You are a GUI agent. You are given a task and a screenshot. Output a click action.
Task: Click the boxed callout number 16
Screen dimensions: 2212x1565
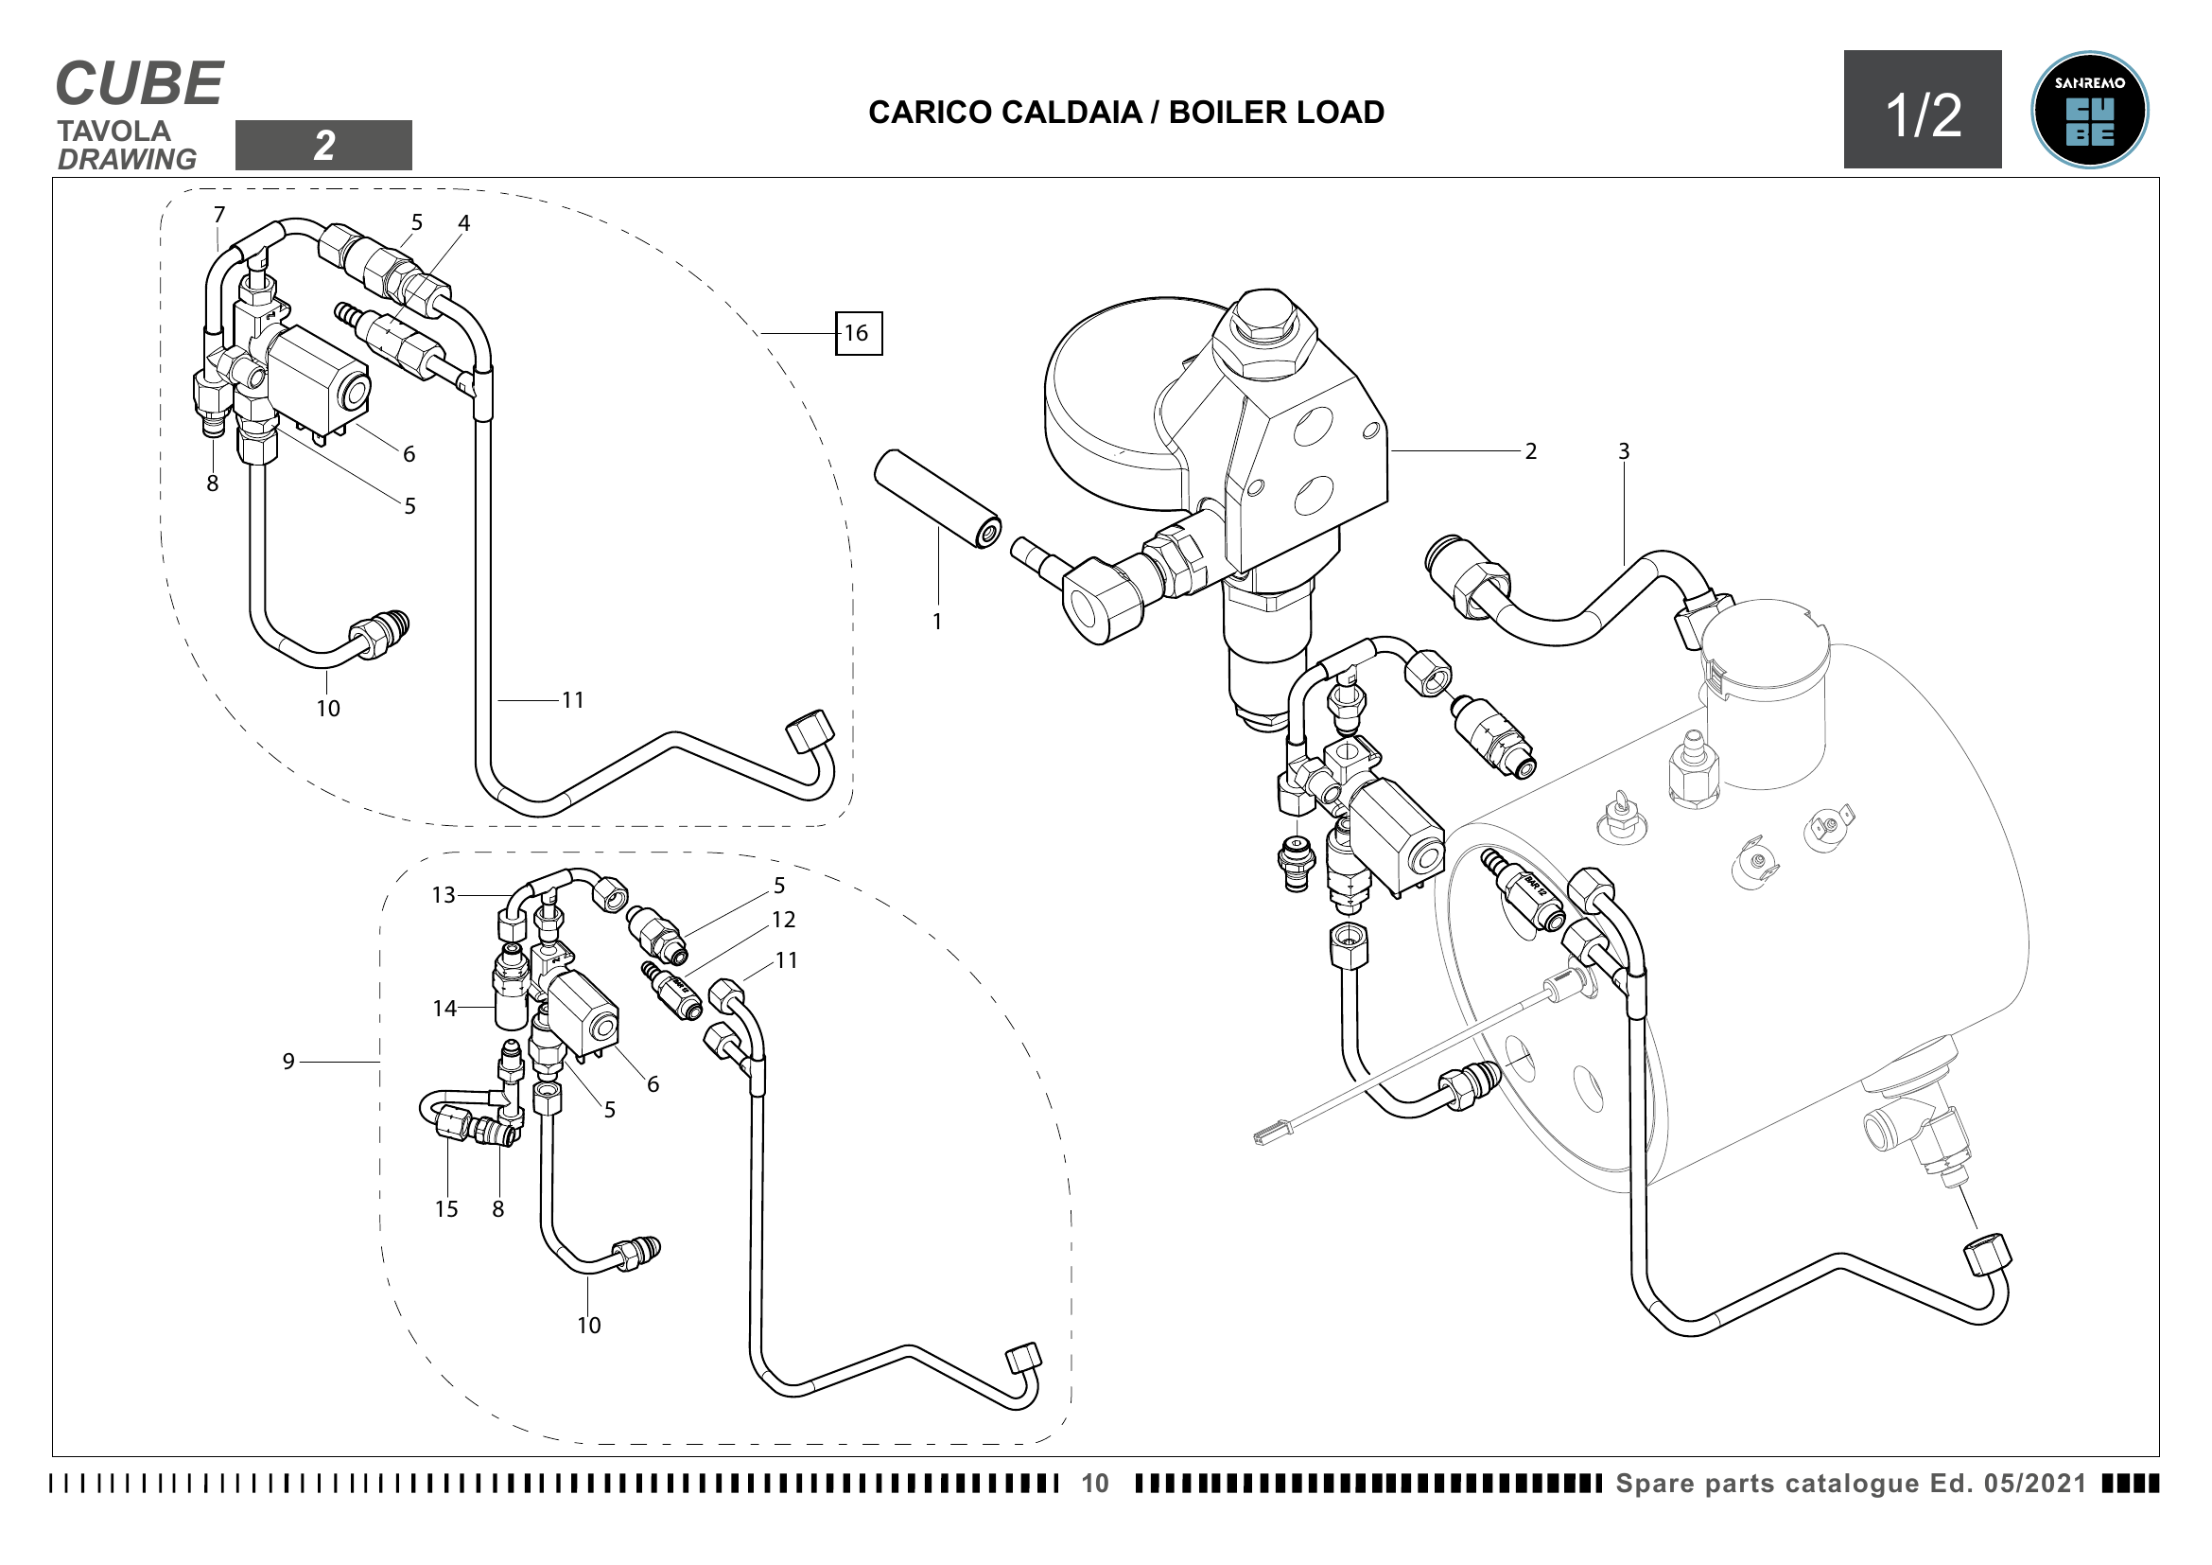click(858, 333)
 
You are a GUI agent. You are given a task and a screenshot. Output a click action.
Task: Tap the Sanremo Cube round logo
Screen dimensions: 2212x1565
click(2090, 110)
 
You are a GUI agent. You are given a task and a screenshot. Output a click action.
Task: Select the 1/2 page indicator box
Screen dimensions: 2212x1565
click(1923, 110)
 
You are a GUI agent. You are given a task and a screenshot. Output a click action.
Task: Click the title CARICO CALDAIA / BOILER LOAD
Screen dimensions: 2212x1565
click(1126, 113)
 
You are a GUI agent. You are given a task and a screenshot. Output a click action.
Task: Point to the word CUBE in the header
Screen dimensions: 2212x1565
click(140, 84)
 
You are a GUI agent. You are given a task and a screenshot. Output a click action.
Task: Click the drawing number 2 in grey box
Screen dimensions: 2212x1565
click(323, 146)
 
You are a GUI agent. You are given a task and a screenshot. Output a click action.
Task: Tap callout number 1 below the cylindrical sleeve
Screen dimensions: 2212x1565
click(936, 622)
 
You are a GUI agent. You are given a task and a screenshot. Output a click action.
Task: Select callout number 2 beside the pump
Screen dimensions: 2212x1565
click(1531, 451)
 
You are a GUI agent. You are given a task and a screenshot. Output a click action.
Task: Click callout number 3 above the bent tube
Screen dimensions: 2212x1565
click(1624, 451)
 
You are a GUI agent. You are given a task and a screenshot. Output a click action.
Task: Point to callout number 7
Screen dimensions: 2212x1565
click(218, 214)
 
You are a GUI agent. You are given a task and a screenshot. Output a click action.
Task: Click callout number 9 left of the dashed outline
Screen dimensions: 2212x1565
click(288, 1061)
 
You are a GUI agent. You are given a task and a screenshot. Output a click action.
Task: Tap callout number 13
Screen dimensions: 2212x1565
click(444, 895)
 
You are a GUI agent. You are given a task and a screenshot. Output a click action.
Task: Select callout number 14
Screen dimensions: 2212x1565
click(444, 1009)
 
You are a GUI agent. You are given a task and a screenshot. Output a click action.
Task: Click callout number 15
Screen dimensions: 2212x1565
click(446, 1209)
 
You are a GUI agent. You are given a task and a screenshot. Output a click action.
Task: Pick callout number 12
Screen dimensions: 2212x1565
click(783, 921)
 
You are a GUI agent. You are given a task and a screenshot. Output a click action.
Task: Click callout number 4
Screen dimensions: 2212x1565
click(463, 223)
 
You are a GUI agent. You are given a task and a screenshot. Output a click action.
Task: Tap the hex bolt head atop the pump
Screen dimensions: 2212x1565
click(1264, 324)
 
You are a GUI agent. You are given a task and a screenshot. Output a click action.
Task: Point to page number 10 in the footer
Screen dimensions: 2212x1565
click(1095, 1483)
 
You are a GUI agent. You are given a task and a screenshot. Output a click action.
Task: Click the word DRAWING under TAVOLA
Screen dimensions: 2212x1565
click(127, 159)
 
